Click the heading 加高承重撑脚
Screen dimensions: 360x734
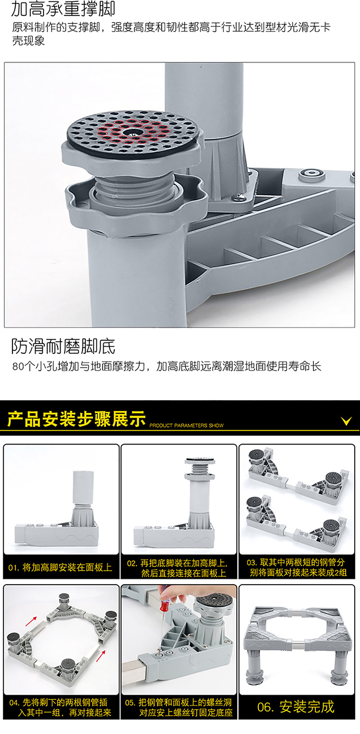point(63,9)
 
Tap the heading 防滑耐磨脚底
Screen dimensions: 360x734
point(63,346)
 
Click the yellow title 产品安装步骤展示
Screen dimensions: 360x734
point(76,419)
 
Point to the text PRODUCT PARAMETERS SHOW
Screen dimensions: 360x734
point(186,425)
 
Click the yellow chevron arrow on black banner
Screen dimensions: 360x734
point(346,421)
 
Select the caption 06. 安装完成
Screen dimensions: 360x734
point(296,707)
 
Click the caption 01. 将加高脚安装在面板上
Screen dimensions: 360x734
point(60,567)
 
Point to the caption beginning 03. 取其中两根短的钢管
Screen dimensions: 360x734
point(297,567)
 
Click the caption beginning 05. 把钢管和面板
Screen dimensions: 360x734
point(179,707)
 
